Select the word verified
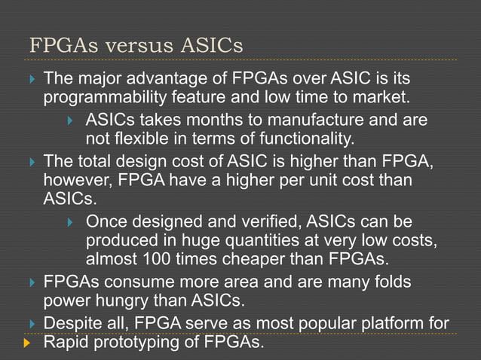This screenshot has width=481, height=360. pos(251,222)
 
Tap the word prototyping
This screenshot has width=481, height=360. pos(140,343)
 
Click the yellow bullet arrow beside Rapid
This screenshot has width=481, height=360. pos(28,343)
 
